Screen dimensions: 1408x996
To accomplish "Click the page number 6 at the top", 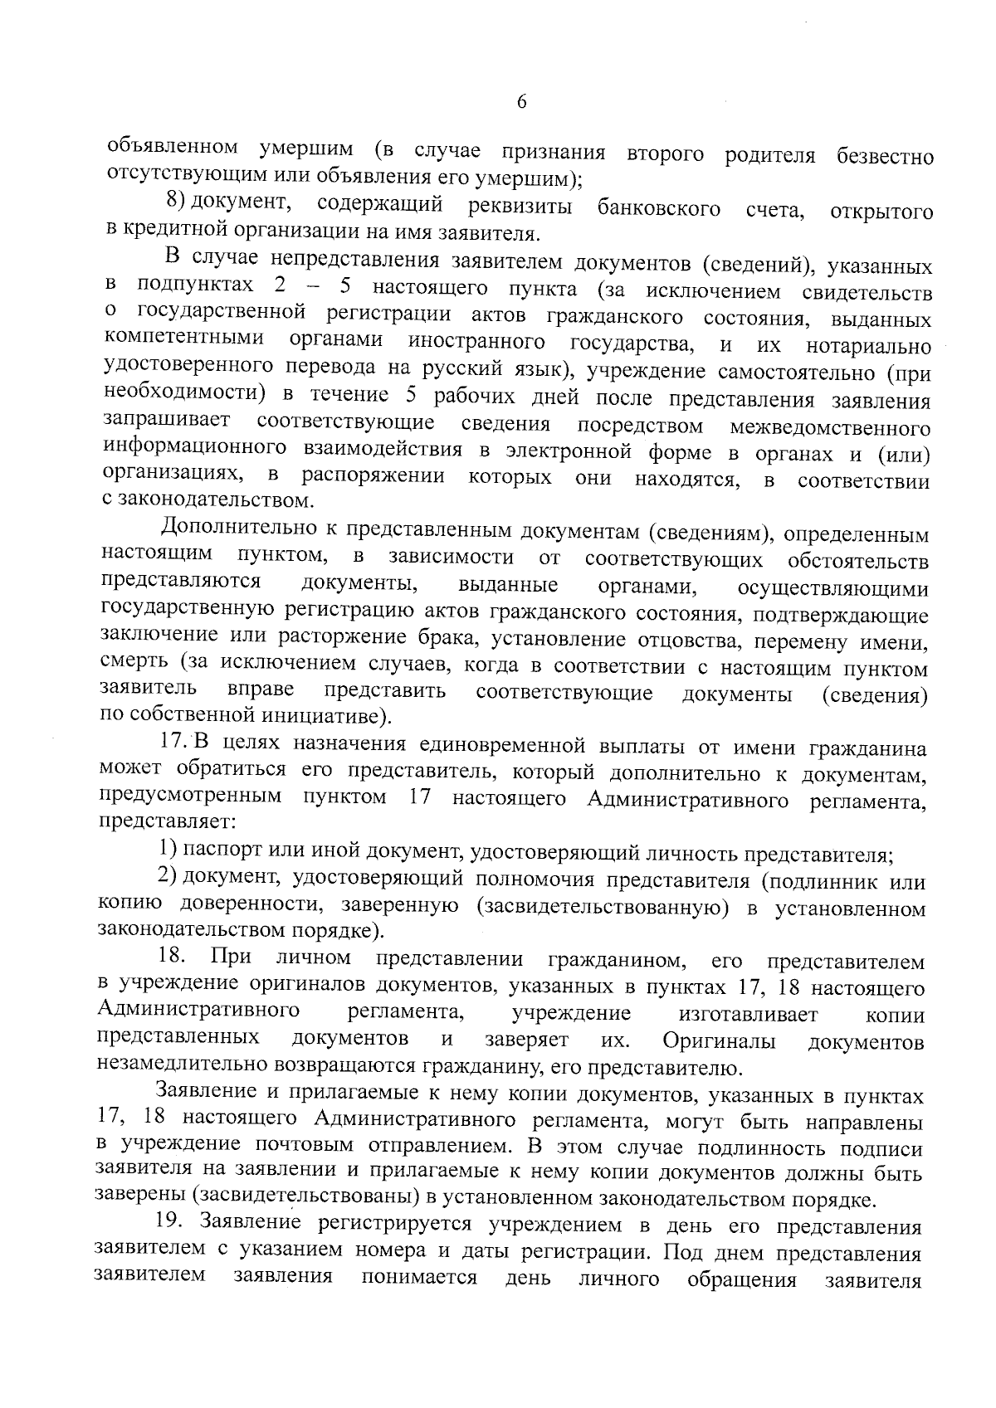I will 521,102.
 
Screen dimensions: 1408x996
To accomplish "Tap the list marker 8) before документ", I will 174,201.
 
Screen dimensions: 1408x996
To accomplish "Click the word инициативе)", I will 315,714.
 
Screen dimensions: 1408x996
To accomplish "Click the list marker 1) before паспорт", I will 168,850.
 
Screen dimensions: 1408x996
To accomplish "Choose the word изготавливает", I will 748,1014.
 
